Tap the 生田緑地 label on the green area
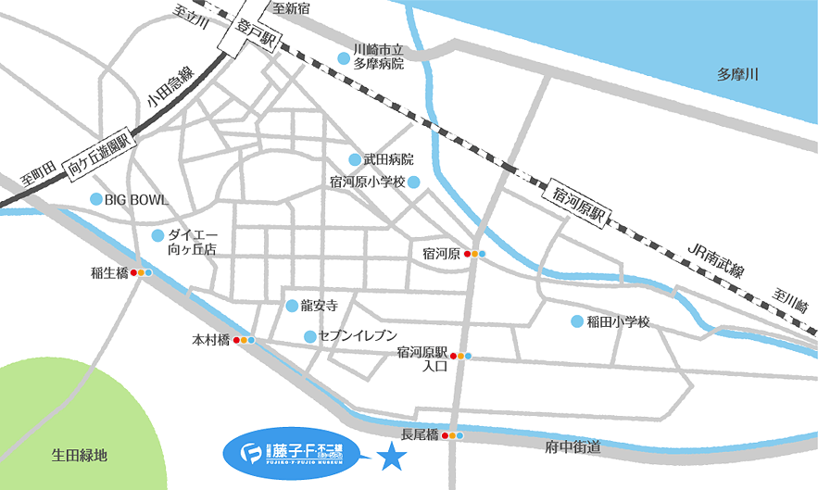(x=80, y=455)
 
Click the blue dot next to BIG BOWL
(x=94, y=199)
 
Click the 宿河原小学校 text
(x=368, y=182)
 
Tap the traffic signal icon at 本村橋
(x=244, y=340)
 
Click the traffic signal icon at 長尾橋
(x=452, y=434)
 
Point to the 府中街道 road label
(x=574, y=447)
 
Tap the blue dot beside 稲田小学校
(x=577, y=321)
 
